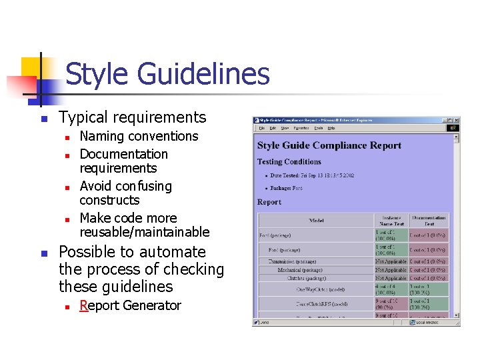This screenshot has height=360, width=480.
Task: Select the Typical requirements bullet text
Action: tap(133, 117)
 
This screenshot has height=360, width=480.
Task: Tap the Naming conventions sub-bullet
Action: tap(139, 136)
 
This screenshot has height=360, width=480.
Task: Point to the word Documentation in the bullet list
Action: tap(123, 154)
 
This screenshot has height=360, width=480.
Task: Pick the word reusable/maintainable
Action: tap(144, 232)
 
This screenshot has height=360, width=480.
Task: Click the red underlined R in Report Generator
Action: tap(83, 305)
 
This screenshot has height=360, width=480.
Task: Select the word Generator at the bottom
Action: tap(151, 305)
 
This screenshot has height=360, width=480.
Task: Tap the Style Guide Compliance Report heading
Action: tap(329, 145)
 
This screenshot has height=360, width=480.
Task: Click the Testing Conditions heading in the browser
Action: tap(289, 161)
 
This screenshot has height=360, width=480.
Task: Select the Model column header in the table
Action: tap(316, 220)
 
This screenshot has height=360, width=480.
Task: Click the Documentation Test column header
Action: tap(429, 220)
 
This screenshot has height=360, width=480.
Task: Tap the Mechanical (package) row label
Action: tap(300, 270)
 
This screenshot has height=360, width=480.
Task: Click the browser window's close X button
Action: tap(455, 120)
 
